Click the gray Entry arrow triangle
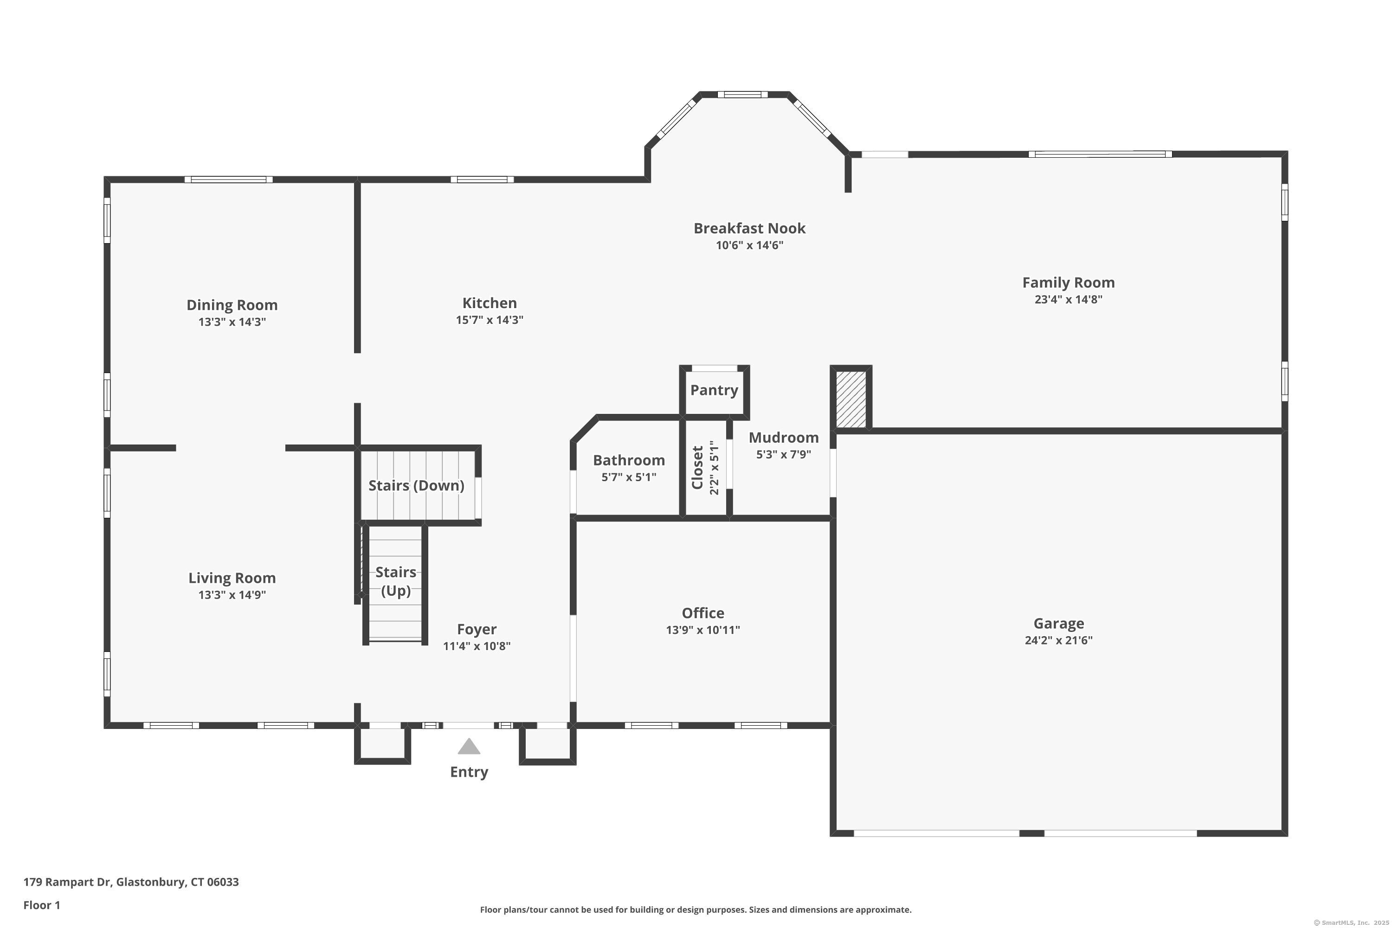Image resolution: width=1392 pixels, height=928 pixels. [x=469, y=747]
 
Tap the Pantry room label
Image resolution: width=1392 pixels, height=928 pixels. [x=714, y=390]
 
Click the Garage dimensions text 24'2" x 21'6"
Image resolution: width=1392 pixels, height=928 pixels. [x=1058, y=640]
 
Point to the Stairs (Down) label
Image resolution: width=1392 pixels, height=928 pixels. [x=416, y=486]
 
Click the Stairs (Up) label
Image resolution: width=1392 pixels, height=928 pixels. [x=395, y=581]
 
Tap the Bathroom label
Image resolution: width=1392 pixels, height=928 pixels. [x=629, y=460]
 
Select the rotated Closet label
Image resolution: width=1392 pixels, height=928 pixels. [x=697, y=468]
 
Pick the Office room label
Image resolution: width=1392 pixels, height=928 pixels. [x=702, y=613]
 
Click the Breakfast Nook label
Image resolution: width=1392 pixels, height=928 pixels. [x=749, y=228]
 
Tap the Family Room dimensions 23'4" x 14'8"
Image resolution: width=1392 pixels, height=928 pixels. [x=1068, y=299]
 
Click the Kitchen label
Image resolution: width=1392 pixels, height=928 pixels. [x=490, y=303]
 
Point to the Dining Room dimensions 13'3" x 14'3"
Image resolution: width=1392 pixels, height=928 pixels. [x=232, y=322]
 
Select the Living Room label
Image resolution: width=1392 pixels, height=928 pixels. [x=232, y=578]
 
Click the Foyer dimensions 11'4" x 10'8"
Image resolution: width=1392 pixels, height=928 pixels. [x=477, y=646]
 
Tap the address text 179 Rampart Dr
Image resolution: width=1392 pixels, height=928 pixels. [x=67, y=882]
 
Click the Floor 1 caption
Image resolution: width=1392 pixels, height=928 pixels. [x=41, y=905]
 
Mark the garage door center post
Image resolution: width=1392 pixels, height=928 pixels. [x=1031, y=833]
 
